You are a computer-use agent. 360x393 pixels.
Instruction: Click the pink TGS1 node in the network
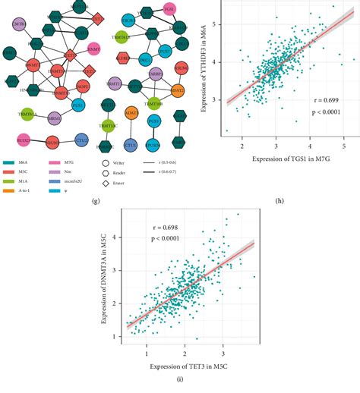coord(169,9)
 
